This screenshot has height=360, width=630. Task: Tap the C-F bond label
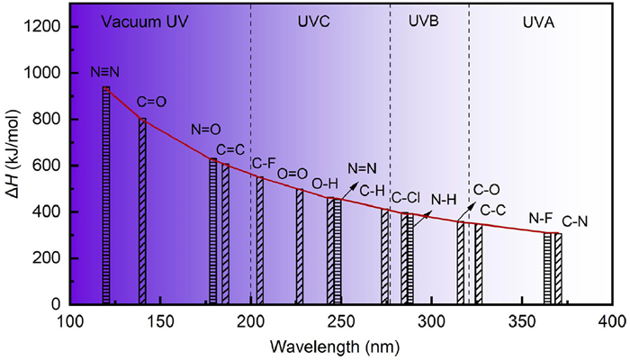[264, 163]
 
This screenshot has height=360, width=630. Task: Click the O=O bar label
[293, 174]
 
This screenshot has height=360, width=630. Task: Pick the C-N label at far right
[576, 220]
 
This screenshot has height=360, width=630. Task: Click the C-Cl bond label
[406, 196]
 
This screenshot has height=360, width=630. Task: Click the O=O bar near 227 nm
[300, 247]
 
